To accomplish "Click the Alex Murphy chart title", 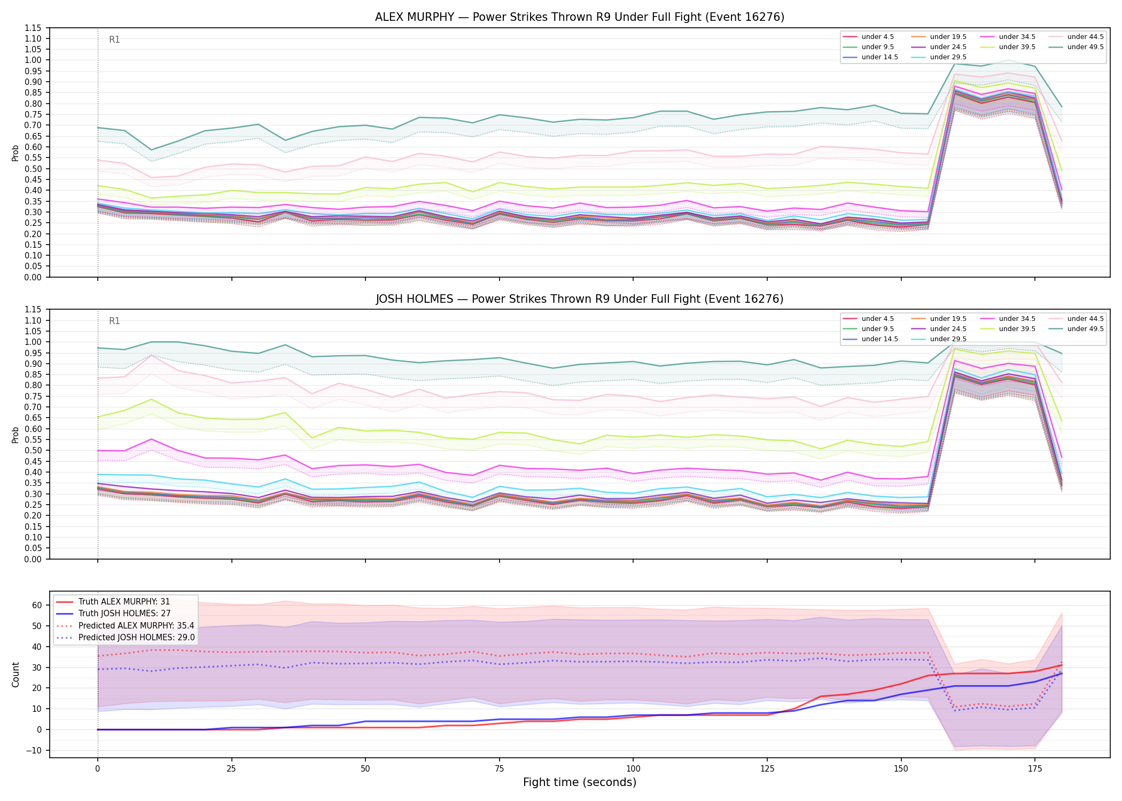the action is [x=580, y=17].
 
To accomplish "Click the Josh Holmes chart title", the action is [x=580, y=299].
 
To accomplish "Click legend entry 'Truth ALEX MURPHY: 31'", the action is [x=124, y=602].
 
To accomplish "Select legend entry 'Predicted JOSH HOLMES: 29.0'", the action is [x=136, y=638].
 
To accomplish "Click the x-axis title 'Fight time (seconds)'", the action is [x=580, y=782].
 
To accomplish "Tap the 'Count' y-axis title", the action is [x=15, y=675].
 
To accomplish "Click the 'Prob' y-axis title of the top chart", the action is [x=15, y=153].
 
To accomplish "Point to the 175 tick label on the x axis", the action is [x=1035, y=769].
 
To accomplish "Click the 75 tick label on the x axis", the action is [x=499, y=769].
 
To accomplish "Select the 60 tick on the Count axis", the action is [x=37, y=605].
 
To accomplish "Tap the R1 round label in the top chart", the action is [x=114, y=40].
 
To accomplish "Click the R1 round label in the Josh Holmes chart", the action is [x=114, y=321].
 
